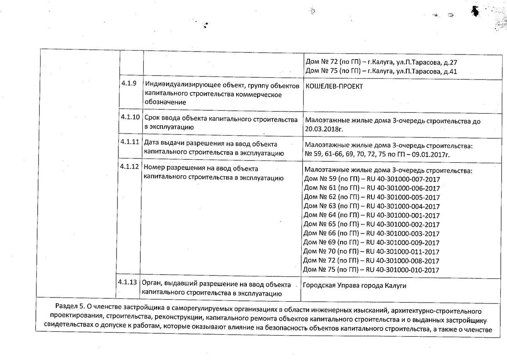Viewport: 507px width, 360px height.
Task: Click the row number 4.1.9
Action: [x=128, y=83]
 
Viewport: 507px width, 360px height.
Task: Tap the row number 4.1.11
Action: [x=130, y=142]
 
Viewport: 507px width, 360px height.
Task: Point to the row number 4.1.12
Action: [x=130, y=166]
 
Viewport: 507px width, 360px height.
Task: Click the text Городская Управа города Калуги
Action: [x=354, y=286]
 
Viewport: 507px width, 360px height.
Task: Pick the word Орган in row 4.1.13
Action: [x=151, y=283]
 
